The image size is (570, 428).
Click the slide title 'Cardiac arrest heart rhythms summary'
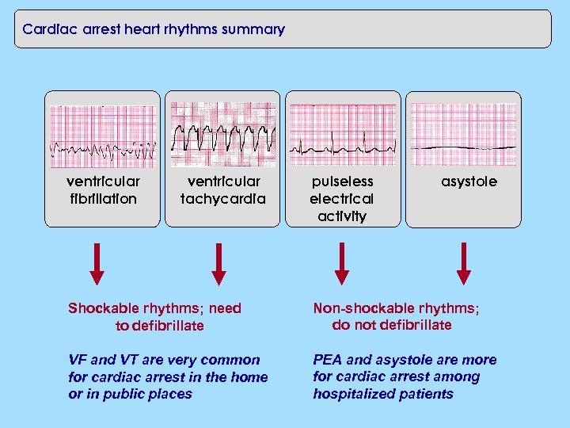tap(154, 30)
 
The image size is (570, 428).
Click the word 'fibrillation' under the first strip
tap(103, 199)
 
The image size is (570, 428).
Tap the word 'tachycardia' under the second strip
tap(223, 199)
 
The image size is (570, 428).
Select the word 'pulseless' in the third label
tap(341, 182)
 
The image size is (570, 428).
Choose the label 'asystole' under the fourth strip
tap(469, 182)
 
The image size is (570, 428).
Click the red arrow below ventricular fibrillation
tap(97, 263)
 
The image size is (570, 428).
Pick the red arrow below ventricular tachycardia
tap(219, 263)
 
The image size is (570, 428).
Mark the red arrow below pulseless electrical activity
tap(341, 263)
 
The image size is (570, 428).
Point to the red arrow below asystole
tap(464, 263)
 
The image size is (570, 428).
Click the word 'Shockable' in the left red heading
tap(101, 308)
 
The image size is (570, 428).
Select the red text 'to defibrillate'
tap(160, 326)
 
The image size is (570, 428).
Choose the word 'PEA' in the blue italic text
tap(328, 360)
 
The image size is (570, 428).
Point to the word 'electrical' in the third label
tap(341, 199)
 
